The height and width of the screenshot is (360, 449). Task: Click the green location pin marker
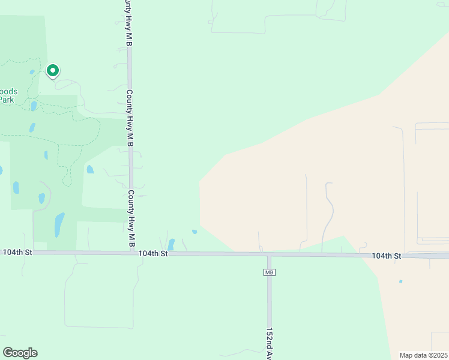pos(53,71)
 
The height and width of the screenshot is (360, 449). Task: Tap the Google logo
pos(20,353)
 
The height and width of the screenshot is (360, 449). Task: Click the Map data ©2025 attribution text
pos(423,355)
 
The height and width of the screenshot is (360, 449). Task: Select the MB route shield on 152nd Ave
pos(269,272)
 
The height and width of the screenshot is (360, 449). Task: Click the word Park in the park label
pos(7,100)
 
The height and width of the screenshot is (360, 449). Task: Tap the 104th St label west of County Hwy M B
pos(17,253)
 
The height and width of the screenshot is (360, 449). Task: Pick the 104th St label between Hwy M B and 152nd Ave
pos(152,254)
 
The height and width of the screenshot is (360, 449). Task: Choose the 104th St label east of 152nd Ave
pos(386,256)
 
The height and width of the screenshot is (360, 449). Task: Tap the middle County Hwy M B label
pos(129,119)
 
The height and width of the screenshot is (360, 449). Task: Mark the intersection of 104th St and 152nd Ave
pos(269,256)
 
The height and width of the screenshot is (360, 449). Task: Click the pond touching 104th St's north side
pos(171,244)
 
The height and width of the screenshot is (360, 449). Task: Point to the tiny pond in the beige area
pos(400,281)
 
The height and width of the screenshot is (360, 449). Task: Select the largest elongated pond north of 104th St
pos(59,224)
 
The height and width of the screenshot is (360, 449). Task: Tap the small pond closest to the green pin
pos(32,73)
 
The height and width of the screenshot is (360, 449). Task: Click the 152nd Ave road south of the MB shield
pos(269,306)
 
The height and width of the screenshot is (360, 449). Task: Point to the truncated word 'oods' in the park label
pos(9,92)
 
